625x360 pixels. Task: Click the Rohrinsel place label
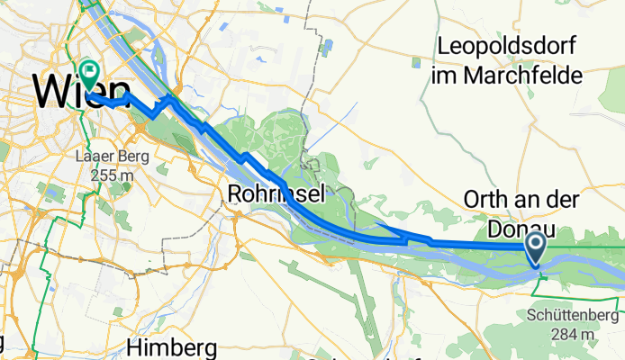(276, 193)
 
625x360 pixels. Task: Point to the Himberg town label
(172, 348)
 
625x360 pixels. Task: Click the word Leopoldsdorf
(506, 46)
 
